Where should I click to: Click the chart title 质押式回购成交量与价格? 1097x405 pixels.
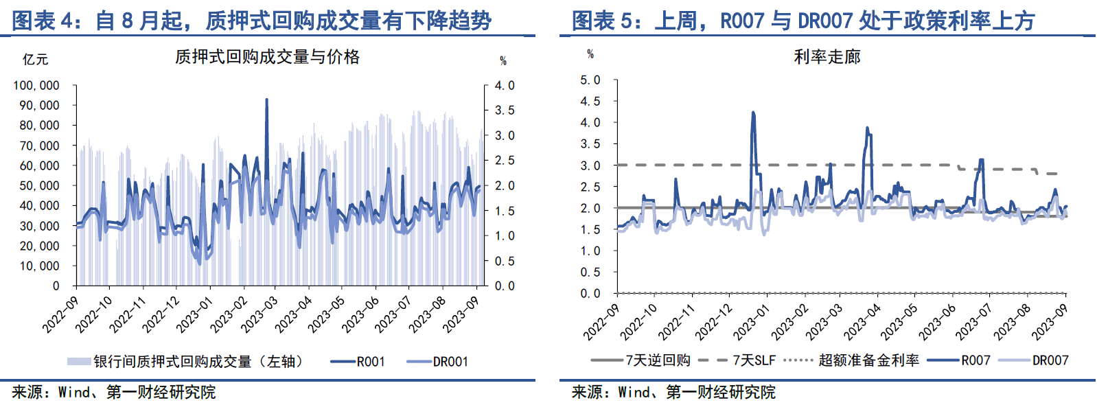[x=267, y=57]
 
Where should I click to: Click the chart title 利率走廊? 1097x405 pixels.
[x=827, y=57]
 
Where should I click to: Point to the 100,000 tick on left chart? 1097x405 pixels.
[x=36, y=85]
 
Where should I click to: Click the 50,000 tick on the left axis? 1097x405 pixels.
[x=39, y=185]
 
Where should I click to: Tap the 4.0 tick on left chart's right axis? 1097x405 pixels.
[x=505, y=85]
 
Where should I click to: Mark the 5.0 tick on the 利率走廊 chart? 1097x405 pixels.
[x=590, y=80]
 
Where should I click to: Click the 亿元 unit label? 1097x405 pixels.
[x=35, y=60]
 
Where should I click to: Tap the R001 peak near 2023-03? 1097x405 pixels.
[x=266, y=100]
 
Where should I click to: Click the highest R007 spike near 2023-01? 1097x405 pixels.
[x=753, y=113]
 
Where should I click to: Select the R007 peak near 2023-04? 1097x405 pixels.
[x=867, y=128]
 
